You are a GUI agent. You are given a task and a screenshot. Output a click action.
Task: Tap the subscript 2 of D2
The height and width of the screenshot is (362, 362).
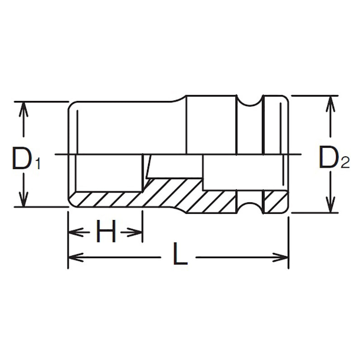345,162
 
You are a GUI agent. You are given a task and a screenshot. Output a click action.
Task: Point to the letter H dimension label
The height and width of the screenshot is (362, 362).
106,233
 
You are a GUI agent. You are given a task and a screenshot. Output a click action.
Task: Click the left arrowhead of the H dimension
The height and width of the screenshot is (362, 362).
73,233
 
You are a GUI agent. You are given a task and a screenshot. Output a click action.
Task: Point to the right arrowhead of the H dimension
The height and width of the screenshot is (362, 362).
137,233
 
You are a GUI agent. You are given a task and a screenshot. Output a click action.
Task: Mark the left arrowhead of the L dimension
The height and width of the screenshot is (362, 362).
73,257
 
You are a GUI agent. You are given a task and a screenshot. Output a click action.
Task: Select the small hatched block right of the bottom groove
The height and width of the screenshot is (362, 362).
275,201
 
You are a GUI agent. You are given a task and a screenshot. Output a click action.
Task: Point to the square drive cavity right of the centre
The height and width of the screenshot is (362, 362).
242,172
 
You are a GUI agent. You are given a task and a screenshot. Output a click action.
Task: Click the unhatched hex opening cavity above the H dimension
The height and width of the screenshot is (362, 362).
109,172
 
